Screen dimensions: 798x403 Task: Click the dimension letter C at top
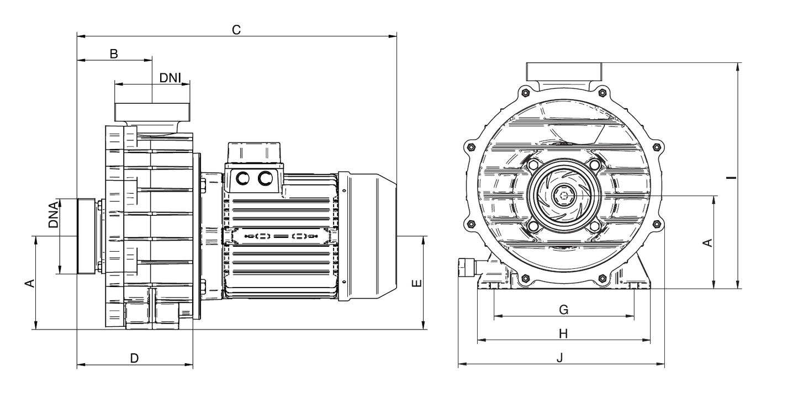point(236,30)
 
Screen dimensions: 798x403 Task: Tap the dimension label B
point(114,54)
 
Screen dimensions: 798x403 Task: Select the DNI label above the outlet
point(170,78)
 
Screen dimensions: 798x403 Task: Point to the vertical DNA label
point(53,215)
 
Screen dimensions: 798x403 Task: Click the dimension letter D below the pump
point(134,358)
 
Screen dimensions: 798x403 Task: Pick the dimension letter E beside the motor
point(416,283)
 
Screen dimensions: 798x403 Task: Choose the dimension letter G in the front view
point(564,310)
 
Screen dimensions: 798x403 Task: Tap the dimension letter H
point(563,333)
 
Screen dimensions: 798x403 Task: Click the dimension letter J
point(560,357)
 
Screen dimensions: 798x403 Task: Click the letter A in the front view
point(707,243)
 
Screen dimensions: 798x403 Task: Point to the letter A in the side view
point(30,283)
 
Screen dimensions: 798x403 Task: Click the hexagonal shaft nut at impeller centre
point(564,195)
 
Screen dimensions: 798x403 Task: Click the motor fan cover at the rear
point(367,237)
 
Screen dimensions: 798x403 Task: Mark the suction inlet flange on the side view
point(86,236)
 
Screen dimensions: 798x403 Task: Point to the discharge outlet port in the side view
point(152,112)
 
